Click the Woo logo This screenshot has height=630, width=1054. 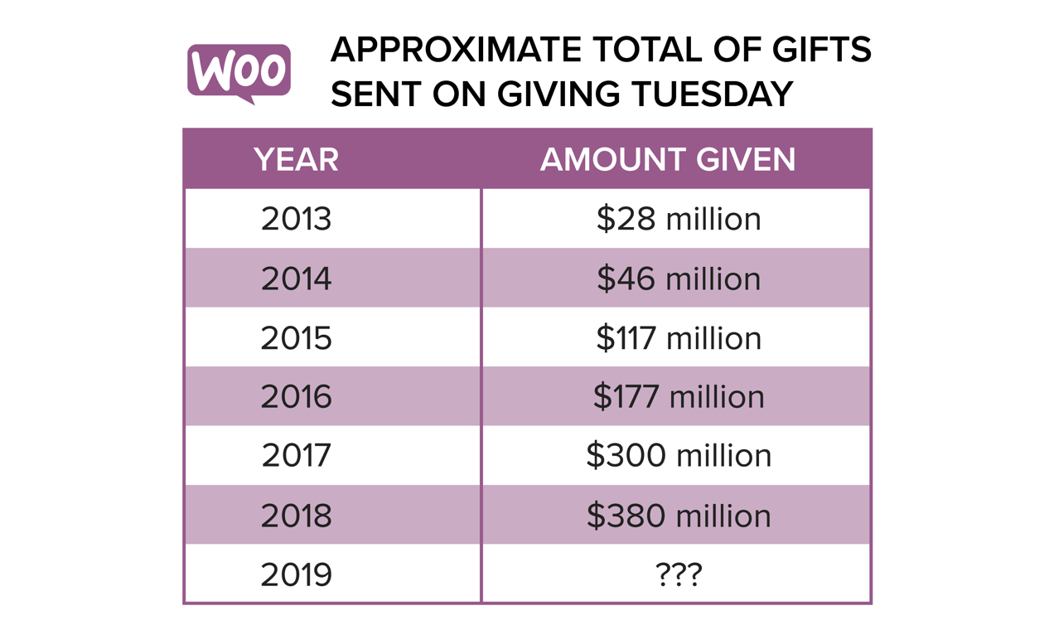pos(239,71)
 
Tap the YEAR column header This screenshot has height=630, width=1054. pos(296,160)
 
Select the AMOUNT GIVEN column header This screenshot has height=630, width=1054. pos(668,160)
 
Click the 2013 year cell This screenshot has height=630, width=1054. pos(296,219)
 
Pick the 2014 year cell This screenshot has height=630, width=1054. pos(296,279)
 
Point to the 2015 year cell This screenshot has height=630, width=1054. pos(296,338)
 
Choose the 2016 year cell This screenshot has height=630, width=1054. pos(296,397)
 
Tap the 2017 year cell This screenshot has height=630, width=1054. pos(296,456)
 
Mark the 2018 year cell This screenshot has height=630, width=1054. pos(296,516)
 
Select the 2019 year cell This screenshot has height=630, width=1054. pos(296,574)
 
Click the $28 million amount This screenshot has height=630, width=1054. pos(679,219)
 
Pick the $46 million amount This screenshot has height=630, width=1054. pos(679,279)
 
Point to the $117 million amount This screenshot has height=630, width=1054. pos(679,338)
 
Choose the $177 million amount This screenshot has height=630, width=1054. pos(679,397)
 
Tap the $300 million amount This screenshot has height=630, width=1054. pos(679,456)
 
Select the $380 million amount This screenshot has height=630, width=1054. pos(679,516)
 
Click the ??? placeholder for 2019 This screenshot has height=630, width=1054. pos(679,574)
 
